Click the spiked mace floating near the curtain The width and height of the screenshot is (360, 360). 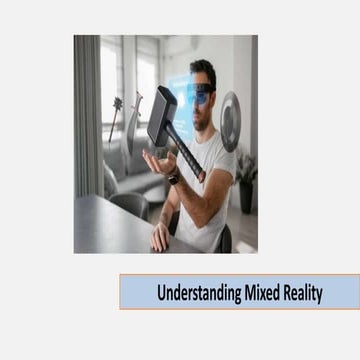pos(116,105)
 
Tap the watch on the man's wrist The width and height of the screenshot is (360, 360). pos(174,178)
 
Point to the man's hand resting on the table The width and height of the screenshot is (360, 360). pos(160,238)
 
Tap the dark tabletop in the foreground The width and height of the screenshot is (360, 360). pos(110,230)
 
